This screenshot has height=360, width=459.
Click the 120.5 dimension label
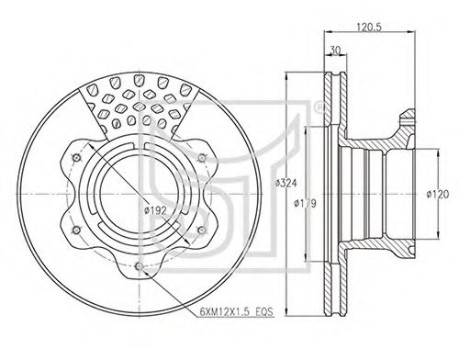pyautogui.click(x=369, y=27)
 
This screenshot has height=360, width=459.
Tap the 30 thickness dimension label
pyautogui.click(x=335, y=51)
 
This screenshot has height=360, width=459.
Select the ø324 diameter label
pyautogui.click(x=285, y=183)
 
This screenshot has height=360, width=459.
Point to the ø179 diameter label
pyautogui.click(x=305, y=203)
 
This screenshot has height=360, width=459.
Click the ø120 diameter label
pyautogui.click(x=438, y=194)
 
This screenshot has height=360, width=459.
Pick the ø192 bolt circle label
pyautogui.click(x=156, y=210)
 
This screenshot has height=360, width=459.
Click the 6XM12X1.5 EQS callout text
pyautogui.click(x=236, y=312)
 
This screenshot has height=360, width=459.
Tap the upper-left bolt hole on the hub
pyautogui.click(x=76, y=158)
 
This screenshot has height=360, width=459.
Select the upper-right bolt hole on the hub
pyautogui.click(x=202, y=158)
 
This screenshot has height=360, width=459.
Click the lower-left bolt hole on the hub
pyautogui.click(x=76, y=230)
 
